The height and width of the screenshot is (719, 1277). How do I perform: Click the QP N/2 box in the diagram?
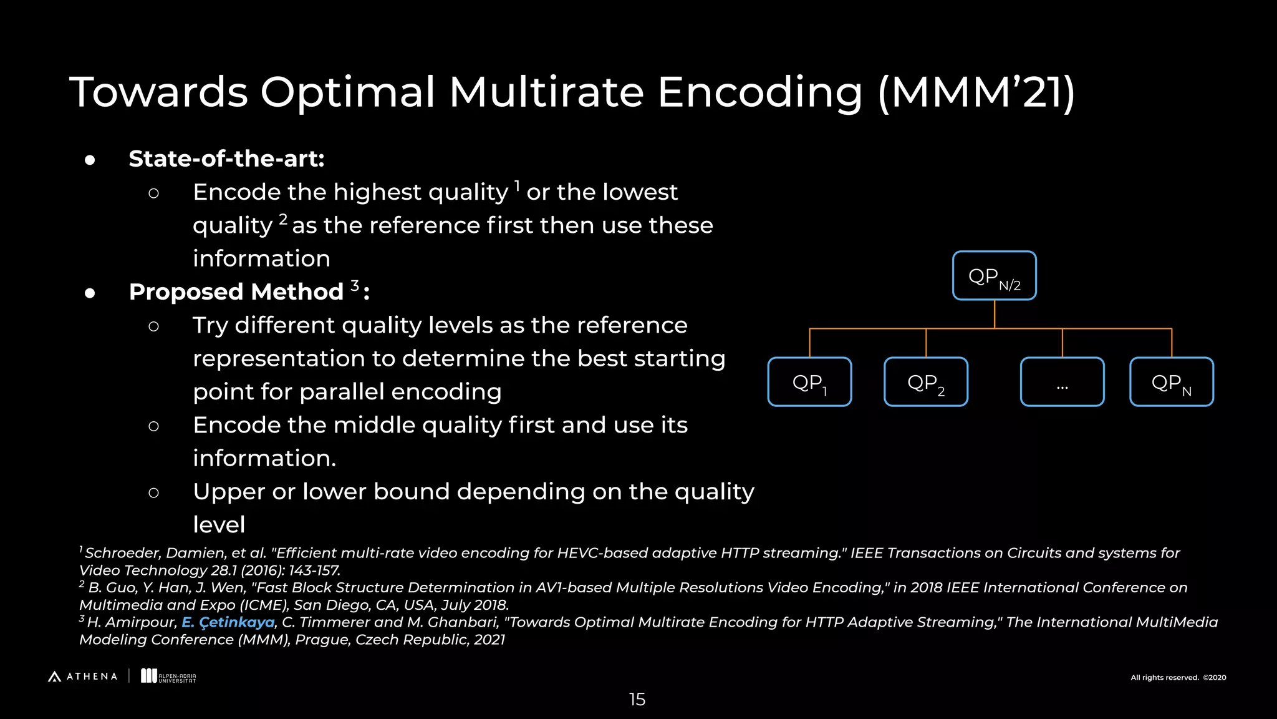994,276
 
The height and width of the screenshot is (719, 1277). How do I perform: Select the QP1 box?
809,382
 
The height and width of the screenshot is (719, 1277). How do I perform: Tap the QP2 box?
925,382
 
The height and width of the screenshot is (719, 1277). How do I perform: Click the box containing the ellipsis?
1062,382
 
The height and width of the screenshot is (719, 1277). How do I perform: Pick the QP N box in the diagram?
1171,382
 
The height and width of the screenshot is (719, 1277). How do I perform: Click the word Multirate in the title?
546,92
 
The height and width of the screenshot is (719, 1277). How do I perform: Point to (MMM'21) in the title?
976,92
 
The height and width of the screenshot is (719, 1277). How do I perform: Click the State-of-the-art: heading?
226,159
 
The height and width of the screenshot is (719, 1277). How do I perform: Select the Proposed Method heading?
236,291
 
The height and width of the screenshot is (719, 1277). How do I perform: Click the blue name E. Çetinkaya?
228,622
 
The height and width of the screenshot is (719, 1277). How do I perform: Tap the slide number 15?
637,700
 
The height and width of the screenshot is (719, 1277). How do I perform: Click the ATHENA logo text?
91,677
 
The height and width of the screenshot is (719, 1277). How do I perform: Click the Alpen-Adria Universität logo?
168,677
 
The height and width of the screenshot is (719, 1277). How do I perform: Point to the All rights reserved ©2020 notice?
1178,678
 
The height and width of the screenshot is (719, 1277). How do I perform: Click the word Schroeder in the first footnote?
123,553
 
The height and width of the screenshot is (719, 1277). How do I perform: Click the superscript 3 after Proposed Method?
355,285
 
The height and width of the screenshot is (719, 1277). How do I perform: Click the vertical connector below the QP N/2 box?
994,314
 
